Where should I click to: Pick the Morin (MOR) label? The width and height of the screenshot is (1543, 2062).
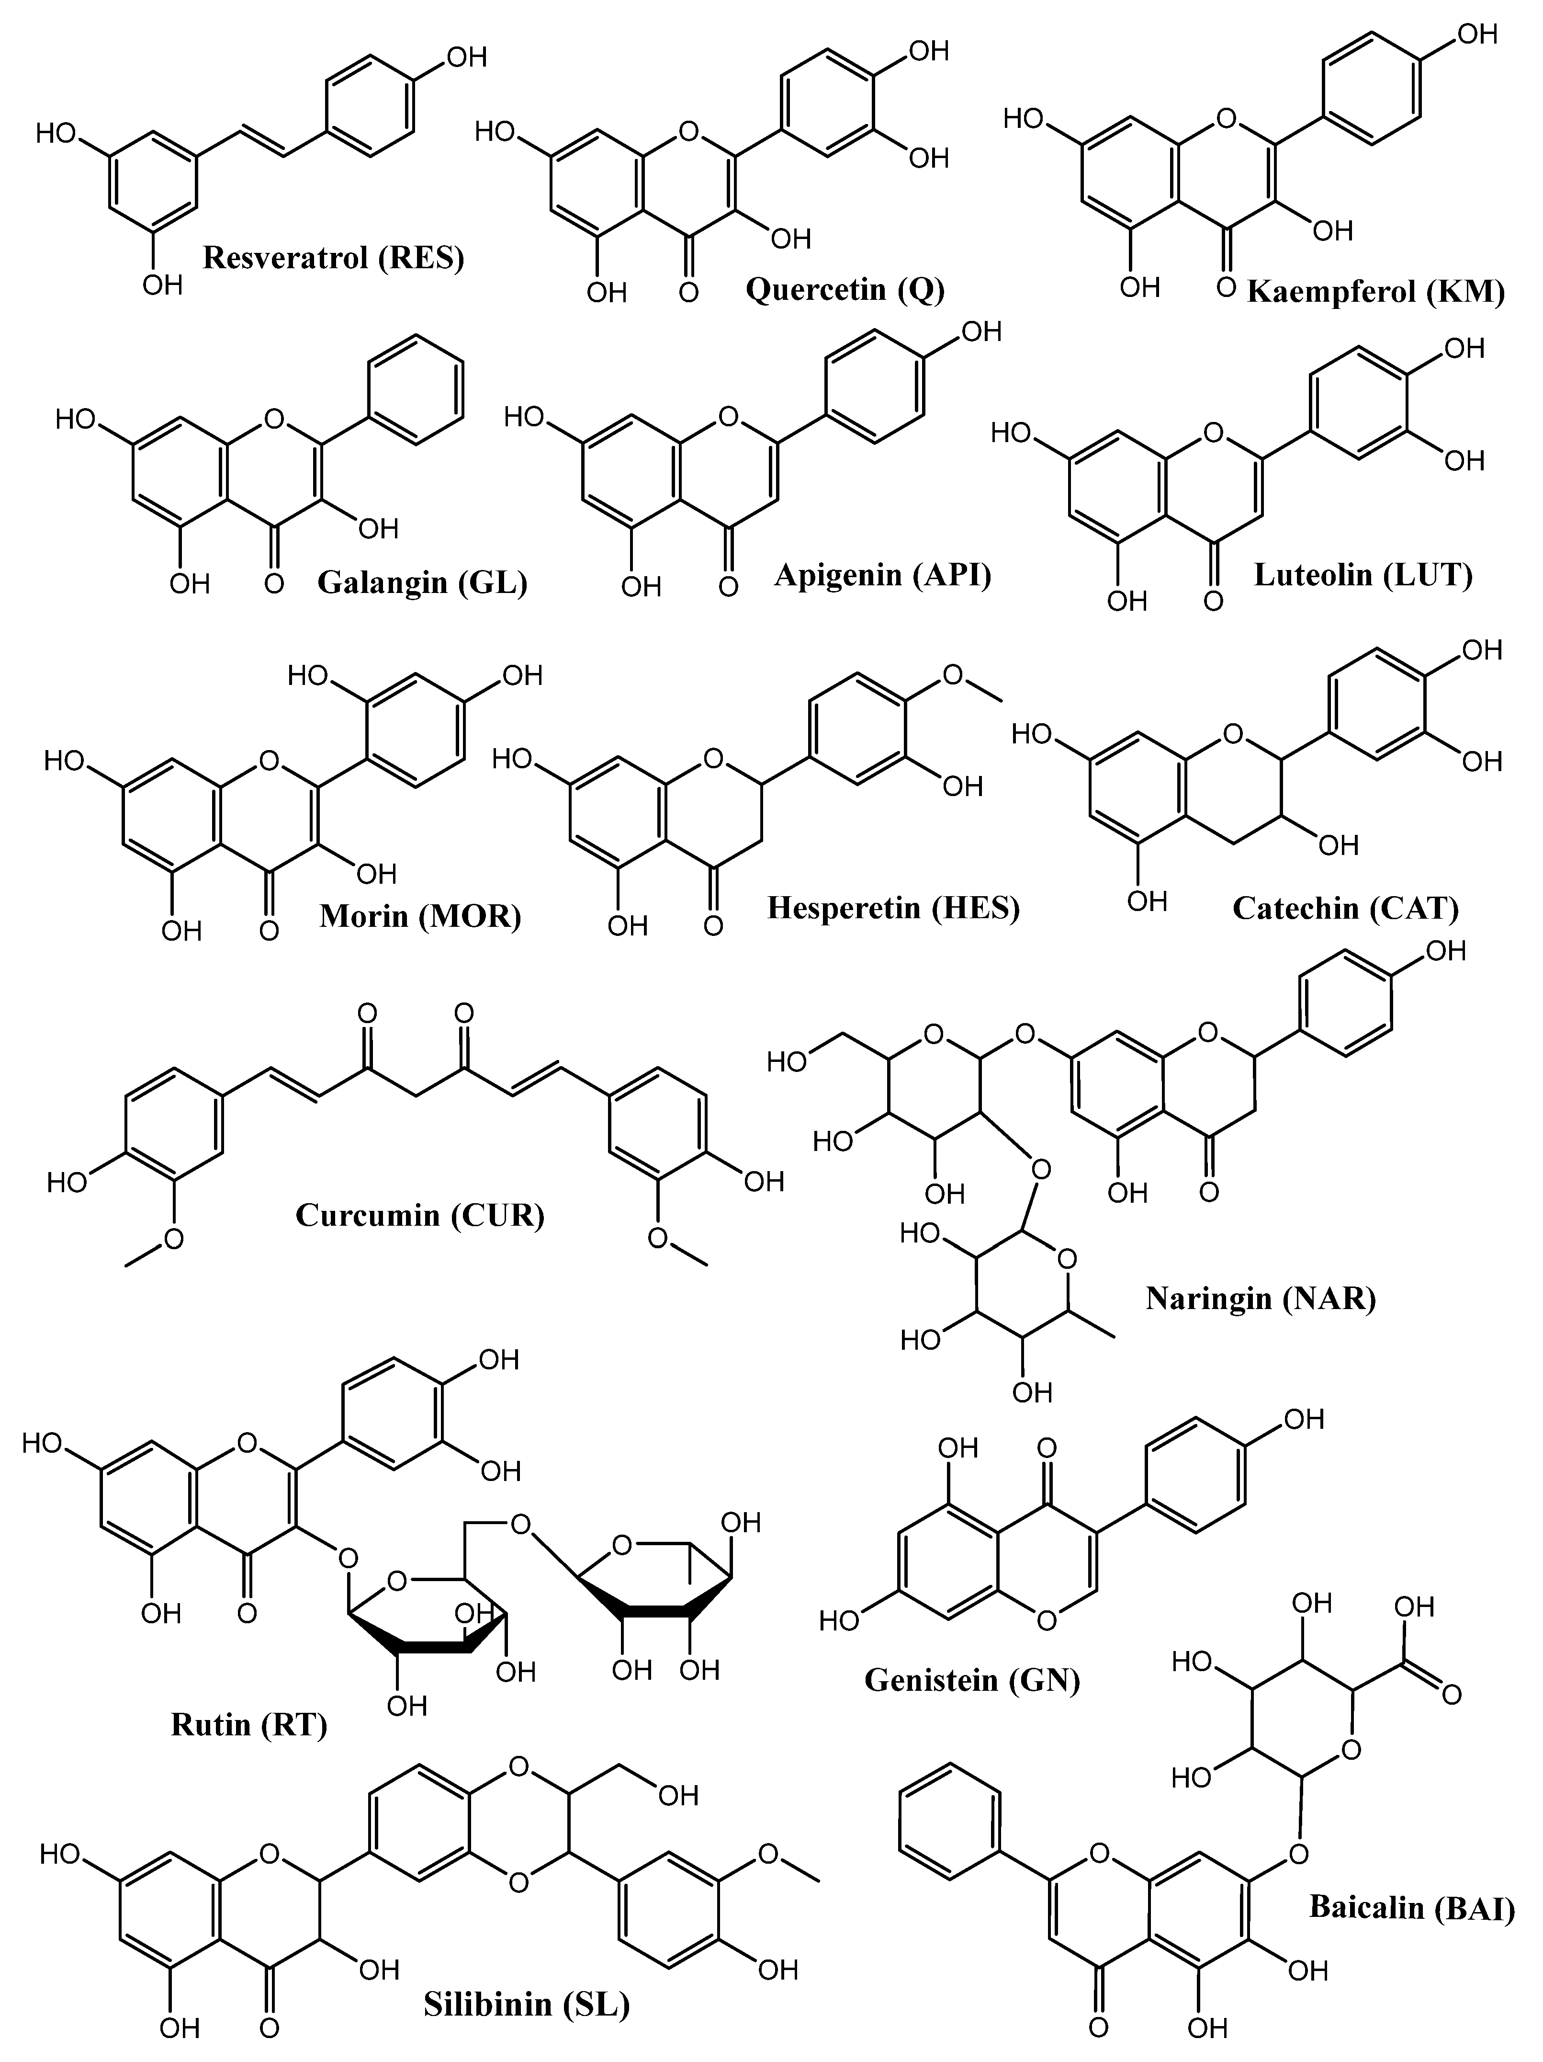(x=420, y=916)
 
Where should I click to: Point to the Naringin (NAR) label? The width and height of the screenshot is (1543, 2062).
(x=1261, y=1298)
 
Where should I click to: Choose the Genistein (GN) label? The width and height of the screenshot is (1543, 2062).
(x=972, y=1680)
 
